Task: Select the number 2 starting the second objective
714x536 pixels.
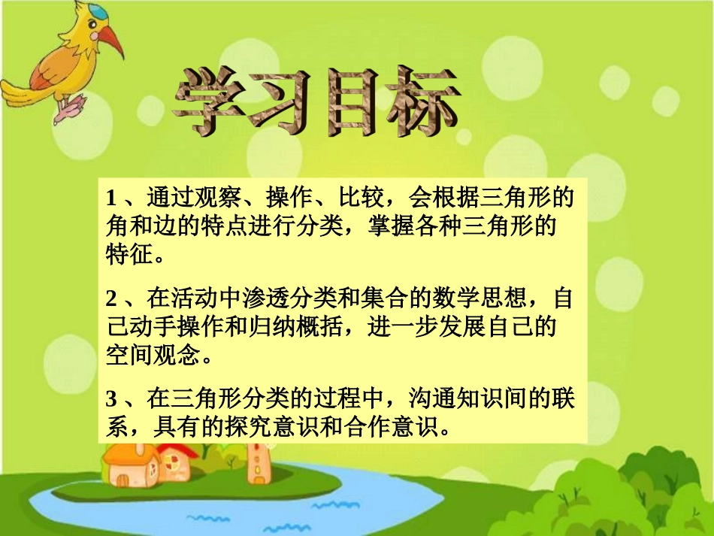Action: (x=111, y=299)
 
